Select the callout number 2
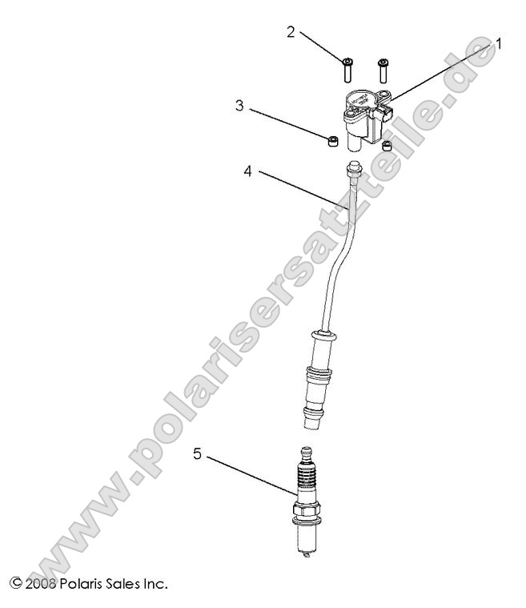291,31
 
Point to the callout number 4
248,171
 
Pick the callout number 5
197,454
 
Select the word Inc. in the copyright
154,584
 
